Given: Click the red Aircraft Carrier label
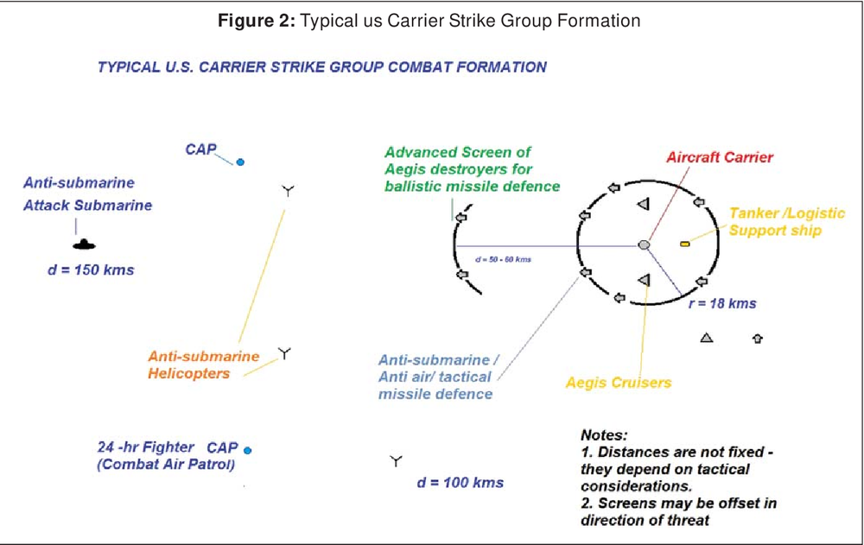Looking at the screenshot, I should pos(719,157).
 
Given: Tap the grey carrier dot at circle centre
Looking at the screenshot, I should pos(644,245).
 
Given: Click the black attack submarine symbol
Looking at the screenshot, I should pos(78,244).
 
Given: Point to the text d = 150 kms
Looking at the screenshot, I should pos(91,270).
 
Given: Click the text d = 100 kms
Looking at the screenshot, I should pos(460,482).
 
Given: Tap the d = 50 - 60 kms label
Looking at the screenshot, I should pos(503,258).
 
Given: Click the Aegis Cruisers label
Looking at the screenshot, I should pos(618,382).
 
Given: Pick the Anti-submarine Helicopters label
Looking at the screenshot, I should pos(204,364).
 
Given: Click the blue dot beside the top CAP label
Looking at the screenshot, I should pos(241,162).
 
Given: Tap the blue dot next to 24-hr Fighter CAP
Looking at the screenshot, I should pos(247,450).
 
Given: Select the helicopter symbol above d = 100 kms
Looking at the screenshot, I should pos(396,461).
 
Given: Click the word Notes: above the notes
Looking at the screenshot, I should pos(604,435).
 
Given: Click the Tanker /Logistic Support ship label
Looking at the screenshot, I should pos(775,222).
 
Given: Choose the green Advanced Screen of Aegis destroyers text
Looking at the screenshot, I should pos(472,169).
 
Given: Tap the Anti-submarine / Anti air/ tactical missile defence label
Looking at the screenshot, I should pos(438,377).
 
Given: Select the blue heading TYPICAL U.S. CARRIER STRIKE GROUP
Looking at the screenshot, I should pos(321,67).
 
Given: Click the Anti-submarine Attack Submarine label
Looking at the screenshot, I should pos(87,194).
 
